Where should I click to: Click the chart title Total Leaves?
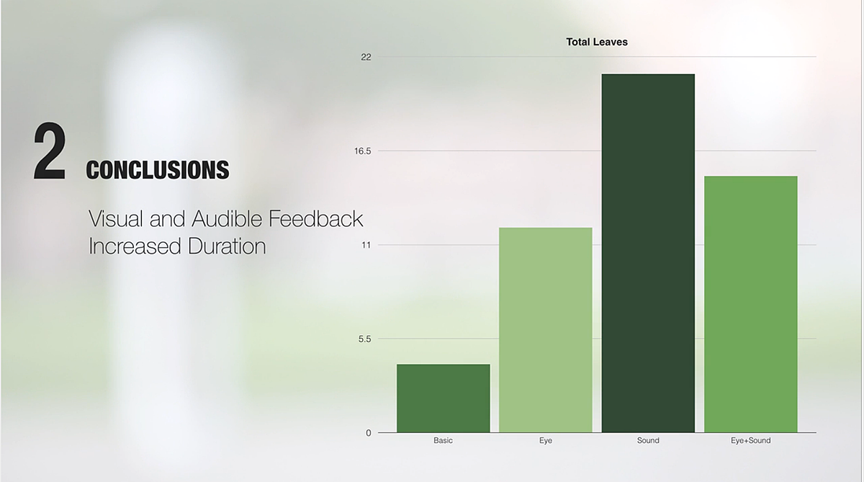click(597, 42)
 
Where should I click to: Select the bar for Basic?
click(444, 398)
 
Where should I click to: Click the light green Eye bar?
click(546, 330)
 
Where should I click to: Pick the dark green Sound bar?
click(648, 253)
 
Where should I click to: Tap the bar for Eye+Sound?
click(750, 304)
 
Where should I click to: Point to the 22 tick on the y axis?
click(366, 57)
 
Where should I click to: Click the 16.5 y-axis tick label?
click(363, 151)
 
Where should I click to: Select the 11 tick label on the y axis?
click(366, 245)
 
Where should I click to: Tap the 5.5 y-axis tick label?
click(364, 339)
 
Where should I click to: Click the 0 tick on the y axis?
click(369, 433)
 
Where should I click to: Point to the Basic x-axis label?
click(444, 440)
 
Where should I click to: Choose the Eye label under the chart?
click(546, 440)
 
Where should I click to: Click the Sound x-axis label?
click(648, 440)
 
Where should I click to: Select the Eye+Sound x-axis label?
click(750, 440)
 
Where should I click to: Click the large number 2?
click(50, 151)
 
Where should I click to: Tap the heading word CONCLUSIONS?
click(158, 170)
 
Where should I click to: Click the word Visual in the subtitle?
click(116, 218)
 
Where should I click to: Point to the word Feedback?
click(315, 218)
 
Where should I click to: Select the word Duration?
click(228, 246)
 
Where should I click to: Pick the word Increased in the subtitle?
click(135, 246)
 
